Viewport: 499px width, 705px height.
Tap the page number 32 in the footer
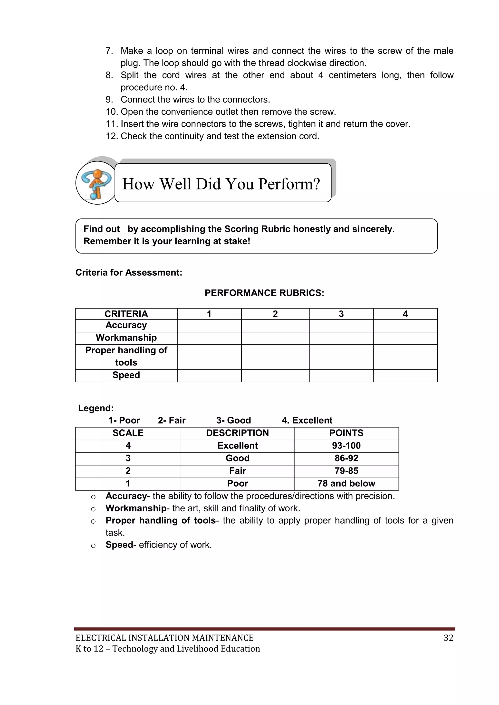448,638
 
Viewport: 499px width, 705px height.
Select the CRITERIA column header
126,314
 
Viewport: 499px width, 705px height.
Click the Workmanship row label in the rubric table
126,338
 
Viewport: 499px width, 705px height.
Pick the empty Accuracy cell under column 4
405,326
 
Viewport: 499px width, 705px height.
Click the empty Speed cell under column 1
209,375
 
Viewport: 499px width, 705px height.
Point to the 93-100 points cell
346,446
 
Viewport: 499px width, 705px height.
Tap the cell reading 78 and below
346,483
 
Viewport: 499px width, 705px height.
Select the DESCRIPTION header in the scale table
237,433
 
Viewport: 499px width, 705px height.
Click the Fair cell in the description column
237,471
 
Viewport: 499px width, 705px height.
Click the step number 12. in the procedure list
112,136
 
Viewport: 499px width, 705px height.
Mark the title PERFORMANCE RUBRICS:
264,293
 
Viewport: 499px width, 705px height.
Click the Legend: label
96,408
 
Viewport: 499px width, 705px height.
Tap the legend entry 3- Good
233,420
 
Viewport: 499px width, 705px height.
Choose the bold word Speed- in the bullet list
120,545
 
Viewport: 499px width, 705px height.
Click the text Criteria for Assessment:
129,272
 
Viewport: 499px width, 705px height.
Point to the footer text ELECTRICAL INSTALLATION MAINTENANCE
164,638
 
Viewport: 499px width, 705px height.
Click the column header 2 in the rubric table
275,314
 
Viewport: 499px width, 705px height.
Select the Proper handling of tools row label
126,356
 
